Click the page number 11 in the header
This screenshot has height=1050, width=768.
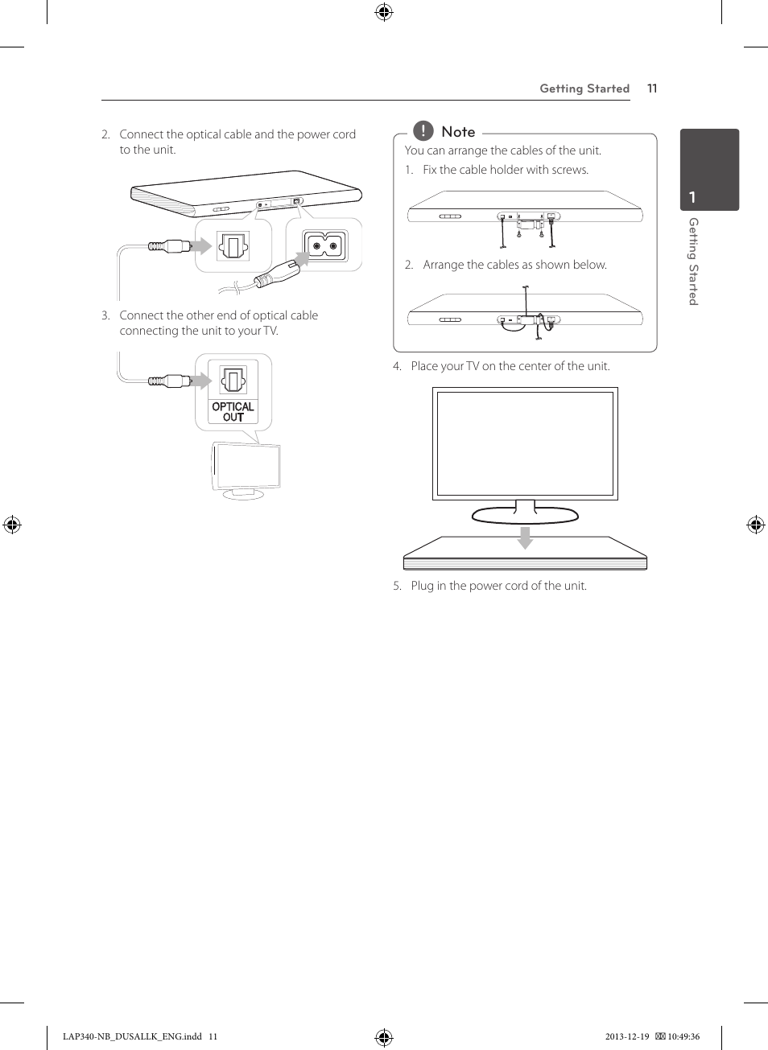coord(652,89)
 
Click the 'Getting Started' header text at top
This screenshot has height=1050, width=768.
coord(584,89)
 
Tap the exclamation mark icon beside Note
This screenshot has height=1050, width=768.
coord(423,130)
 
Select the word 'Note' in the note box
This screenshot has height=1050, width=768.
coord(458,132)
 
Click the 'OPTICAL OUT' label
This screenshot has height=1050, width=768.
coord(233,412)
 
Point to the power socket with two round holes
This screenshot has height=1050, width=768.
coord(324,246)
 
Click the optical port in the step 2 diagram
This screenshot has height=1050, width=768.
coord(233,245)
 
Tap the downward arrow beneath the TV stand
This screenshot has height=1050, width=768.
coord(525,537)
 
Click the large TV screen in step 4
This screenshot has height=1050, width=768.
coord(525,443)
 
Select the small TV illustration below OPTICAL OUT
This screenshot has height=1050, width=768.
coord(246,468)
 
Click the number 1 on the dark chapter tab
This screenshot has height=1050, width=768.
coord(692,197)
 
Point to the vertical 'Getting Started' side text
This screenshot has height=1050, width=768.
coord(693,261)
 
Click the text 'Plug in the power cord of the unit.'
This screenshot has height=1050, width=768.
coord(498,586)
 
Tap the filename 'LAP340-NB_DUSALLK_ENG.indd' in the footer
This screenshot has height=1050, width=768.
coord(132,1036)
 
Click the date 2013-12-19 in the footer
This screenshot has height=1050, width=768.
coord(626,1036)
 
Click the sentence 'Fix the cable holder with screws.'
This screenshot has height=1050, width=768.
coord(506,170)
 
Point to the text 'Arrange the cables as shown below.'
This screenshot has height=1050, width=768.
coord(514,265)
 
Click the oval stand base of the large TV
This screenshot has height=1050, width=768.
coord(525,516)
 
